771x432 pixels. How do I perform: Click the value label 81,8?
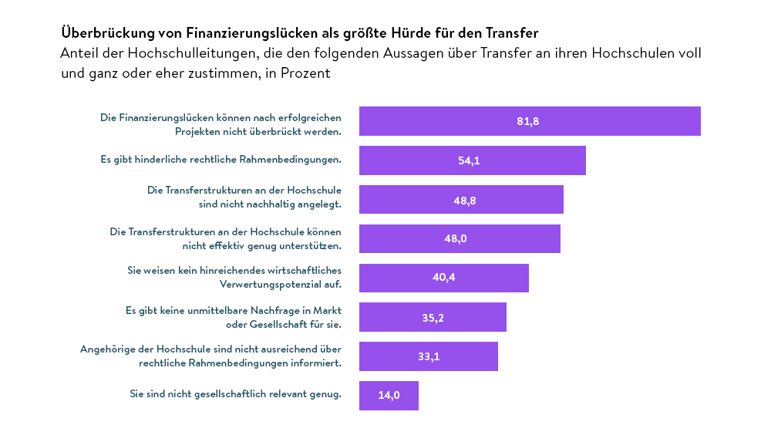(527, 121)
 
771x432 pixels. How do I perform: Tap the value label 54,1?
(469, 160)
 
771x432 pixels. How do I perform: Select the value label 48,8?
(464, 200)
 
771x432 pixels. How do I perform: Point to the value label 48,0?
(455, 239)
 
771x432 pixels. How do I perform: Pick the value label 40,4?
(443, 278)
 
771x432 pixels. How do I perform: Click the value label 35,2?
(433, 317)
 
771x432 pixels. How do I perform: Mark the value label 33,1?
(428, 356)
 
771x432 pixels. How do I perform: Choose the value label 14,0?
(389, 396)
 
